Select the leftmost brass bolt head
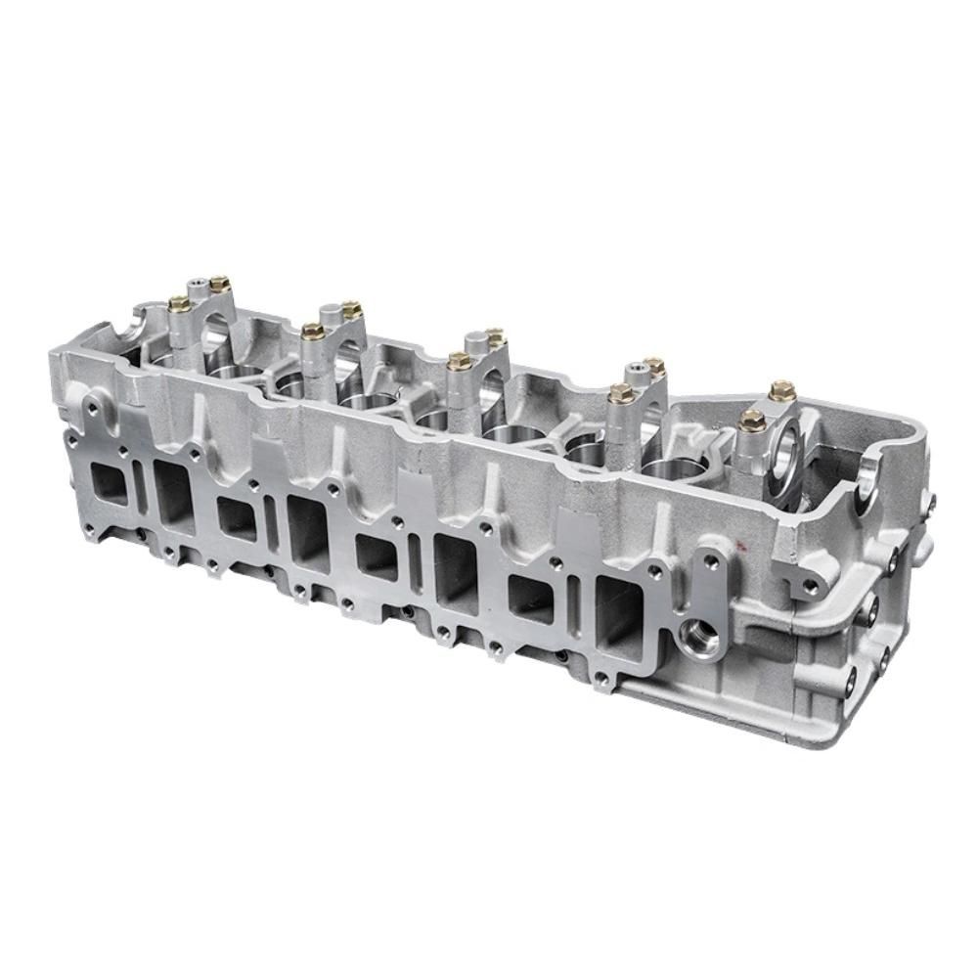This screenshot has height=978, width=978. tap(178, 303)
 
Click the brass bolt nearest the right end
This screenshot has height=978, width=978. tap(779, 391)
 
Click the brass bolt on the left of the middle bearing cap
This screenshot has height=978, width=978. tap(454, 360)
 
